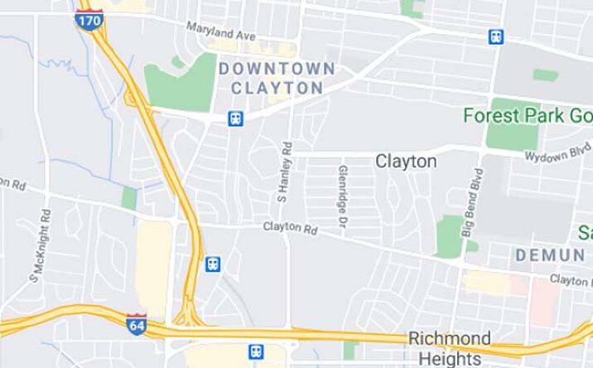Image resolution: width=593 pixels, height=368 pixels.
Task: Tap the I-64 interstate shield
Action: tap(137, 323)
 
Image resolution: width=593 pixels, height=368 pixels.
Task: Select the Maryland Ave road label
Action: tap(220, 32)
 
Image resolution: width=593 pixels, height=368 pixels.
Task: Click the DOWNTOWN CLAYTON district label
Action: tap(277, 77)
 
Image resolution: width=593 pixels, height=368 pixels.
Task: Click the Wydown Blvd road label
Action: tap(557, 155)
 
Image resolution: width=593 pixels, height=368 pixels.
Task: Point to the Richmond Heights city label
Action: tap(449, 348)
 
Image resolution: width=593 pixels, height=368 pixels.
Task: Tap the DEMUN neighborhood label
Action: tap(550, 255)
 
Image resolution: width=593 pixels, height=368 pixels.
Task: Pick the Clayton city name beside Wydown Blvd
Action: tap(406, 161)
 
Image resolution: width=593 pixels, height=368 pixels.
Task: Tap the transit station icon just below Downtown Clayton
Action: tap(236, 119)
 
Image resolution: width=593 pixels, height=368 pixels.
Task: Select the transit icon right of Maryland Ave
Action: tap(495, 36)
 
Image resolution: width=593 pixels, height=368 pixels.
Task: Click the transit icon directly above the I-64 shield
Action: tap(213, 264)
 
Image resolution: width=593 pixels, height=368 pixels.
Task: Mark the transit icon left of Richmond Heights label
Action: tap(258, 351)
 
